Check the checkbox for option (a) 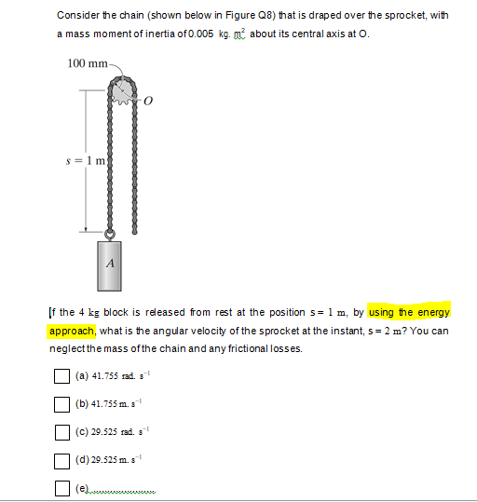(62, 377)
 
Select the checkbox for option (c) (62, 433)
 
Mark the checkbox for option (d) (62, 461)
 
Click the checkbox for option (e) (62, 489)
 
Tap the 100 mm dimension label (88, 63)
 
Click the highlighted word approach (72, 331)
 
